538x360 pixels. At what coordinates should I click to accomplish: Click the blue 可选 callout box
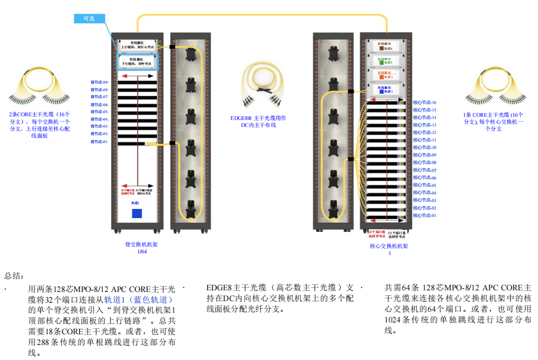point(88,18)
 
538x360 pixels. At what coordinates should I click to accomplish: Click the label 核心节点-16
point(424,102)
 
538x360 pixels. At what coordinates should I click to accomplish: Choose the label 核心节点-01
point(424,215)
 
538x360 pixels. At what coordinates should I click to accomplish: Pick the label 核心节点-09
point(424,155)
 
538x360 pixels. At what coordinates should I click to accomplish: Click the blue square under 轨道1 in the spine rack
point(137,213)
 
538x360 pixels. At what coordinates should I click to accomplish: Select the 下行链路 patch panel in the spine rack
point(137,61)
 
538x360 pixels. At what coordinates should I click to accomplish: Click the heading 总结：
point(14,276)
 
